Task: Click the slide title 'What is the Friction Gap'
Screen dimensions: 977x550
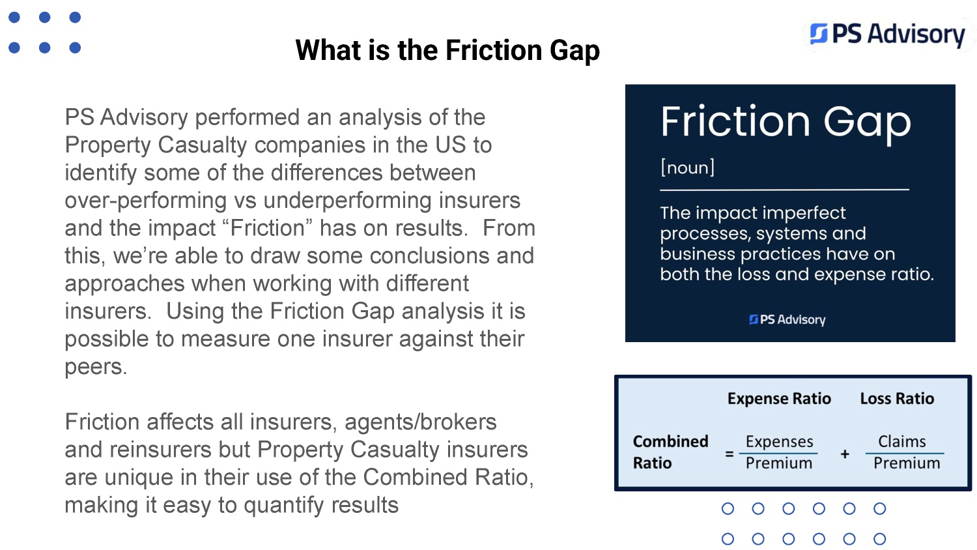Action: [x=447, y=51]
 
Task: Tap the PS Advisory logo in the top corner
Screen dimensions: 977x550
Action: [x=888, y=35]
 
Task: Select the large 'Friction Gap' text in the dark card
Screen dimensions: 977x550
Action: [x=786, y=123]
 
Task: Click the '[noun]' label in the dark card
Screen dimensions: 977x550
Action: [x=687, y=167]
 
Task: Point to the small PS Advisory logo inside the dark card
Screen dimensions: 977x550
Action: [x=787, y=320]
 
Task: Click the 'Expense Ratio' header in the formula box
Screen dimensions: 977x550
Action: [x=779, y=399]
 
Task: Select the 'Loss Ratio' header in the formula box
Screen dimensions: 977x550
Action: [x=897, y=399]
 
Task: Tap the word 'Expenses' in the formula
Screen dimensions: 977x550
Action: [x=779, y=442]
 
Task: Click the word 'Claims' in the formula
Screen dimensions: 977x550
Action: [x=902, y=441]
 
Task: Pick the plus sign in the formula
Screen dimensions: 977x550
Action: [x=845, y=454]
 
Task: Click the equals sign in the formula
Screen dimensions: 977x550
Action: [x=729, y=454]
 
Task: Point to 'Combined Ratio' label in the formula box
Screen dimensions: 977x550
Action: [x=670, y=452]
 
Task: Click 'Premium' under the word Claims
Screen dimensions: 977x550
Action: [x=907, y=463]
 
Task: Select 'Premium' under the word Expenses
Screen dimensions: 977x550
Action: [x=779, y=463]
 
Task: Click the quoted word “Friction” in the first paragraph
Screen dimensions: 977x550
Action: [x=267, y=228]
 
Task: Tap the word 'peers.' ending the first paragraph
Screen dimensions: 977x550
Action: [x=96, y=367]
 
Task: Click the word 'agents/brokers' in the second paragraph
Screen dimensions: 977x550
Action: [x=421, y=422]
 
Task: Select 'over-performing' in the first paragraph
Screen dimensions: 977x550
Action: [x=146, y=201]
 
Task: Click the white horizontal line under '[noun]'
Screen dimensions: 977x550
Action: [x=785, y=190]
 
